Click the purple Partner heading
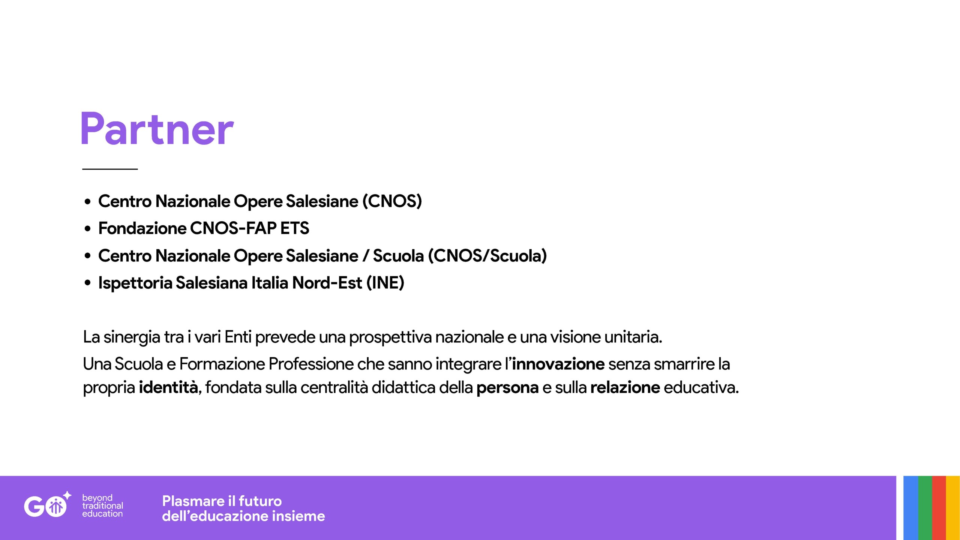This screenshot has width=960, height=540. (x=157, y=128)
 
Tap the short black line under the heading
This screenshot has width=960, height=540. (x=110, y=169)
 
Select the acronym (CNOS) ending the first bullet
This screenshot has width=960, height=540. (x=392, y=201)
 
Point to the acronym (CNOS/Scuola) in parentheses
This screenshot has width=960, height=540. (x=487, y=256)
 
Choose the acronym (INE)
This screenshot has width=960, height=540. (x=385, y=283)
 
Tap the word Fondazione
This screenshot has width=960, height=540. (x=142, y=228)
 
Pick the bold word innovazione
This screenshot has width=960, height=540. (x=558, y=364)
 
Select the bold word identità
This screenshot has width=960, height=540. (x=168, y=387)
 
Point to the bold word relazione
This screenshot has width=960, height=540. (x=625, y=387)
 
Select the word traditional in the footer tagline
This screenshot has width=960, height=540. (x=102, y=505)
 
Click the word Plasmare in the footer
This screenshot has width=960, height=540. (x=193, y=501)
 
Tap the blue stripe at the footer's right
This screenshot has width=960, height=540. (x=911, y=508)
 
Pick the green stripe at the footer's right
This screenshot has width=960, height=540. (x=925, y=508)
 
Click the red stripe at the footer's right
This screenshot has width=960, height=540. (x=939, y=508)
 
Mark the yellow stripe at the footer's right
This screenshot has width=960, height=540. (x=953, y=508)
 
